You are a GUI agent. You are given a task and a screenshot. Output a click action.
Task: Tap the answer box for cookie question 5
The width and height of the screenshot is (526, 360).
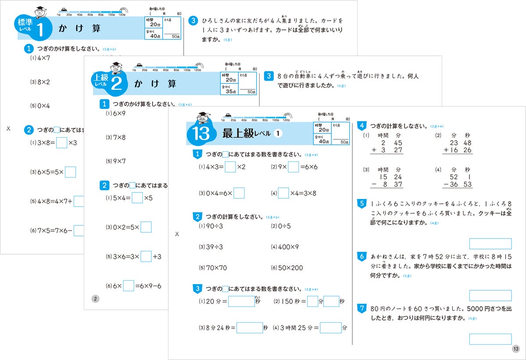coord(490,244)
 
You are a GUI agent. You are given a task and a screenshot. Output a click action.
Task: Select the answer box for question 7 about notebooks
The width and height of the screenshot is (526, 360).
coord(490,339)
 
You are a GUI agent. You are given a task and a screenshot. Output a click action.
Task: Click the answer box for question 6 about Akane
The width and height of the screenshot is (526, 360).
coord(490,296)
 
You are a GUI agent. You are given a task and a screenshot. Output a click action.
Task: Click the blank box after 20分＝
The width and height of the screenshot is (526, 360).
coord(241,301)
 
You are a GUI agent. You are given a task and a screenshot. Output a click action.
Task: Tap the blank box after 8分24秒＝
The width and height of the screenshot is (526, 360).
coord(249,328)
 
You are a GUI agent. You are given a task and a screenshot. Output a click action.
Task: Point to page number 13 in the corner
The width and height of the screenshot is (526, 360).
coord(515,349)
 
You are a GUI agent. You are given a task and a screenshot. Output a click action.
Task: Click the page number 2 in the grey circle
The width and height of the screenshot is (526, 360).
coord(95,299)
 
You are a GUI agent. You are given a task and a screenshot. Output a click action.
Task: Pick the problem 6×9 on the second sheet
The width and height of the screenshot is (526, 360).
coord(116,114)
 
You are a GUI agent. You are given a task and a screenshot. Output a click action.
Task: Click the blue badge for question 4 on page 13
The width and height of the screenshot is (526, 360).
coord(362,126)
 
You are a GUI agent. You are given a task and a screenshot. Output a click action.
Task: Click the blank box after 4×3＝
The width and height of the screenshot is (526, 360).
coord(230,167)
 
